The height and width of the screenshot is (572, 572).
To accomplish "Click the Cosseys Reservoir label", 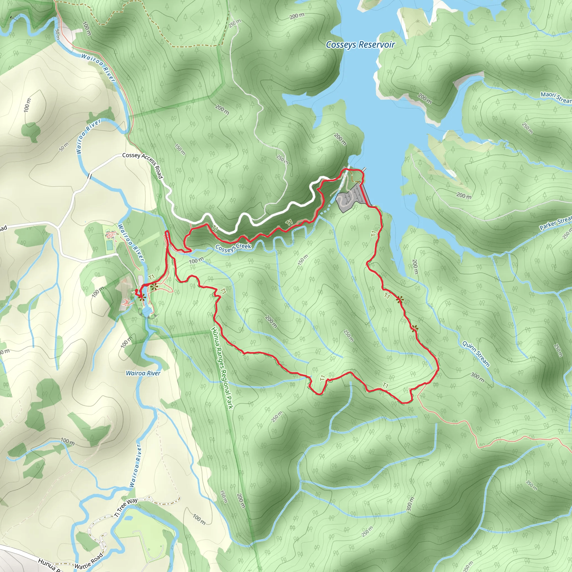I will pos(360,45).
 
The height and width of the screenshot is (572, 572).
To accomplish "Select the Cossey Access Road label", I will pos(143,166).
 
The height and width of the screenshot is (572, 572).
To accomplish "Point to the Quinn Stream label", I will pos(476,354).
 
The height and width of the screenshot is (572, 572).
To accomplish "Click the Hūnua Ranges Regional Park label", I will pos(222,368).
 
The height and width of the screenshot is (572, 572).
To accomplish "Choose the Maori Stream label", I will pos(556,97).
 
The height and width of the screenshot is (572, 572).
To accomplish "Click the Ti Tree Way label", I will pos(126,507).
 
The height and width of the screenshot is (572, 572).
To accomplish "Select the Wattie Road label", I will pos(89,561).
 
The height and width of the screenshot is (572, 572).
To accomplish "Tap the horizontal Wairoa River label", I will pos(143,373).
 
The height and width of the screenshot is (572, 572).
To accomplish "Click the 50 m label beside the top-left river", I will pos(58,34).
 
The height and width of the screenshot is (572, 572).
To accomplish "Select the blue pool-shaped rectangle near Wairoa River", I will pos(109,245).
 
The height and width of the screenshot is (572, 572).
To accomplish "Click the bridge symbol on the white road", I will pos(89,177).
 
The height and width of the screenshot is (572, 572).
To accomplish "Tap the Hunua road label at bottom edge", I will pos(49,565).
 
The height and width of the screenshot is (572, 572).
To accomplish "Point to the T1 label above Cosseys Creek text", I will pos(289,222).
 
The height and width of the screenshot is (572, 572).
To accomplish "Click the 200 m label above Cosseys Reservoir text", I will pos(297,16).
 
